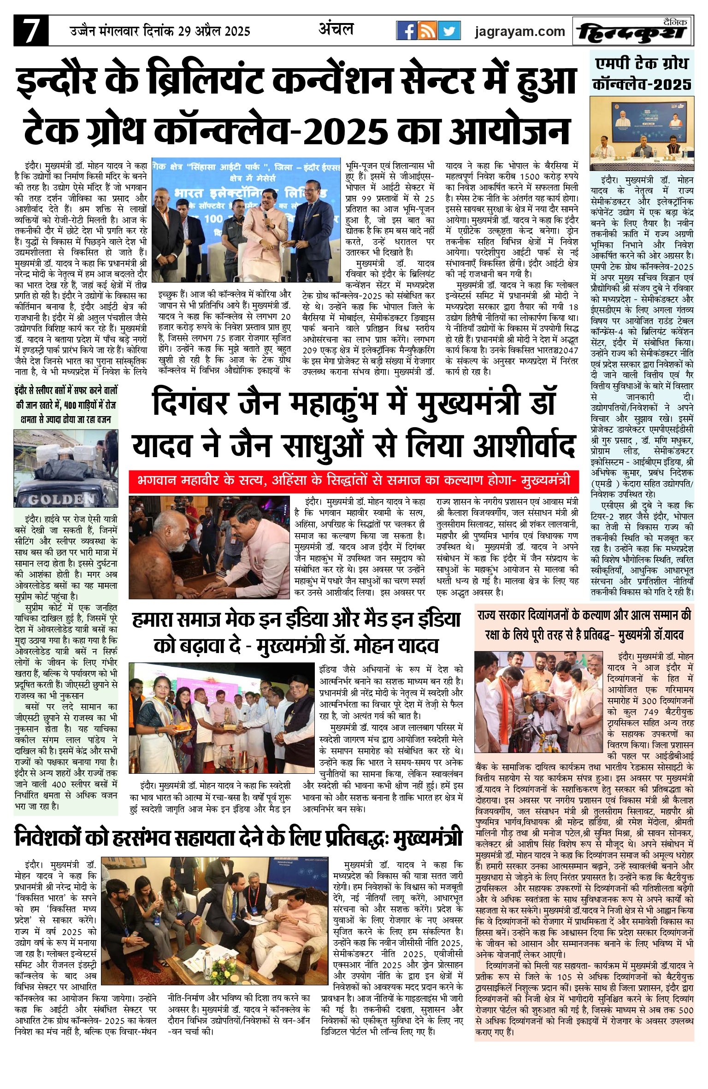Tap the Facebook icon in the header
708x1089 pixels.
pyautogui.click(x=407, y=31)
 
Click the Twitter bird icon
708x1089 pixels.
pyautogui.click(x=448, y=31)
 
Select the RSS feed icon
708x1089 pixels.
pyautogui.click(x=427, y=31)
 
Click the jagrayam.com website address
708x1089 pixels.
pyautogui.click(x=519, y=31)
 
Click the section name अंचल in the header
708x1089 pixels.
pyautogui.click(x=336, y=29)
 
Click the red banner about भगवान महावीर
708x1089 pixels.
pyautogui.click(x=354, y=480)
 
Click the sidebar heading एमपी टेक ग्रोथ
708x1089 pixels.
pyautogui.click(x=642, y=63)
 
